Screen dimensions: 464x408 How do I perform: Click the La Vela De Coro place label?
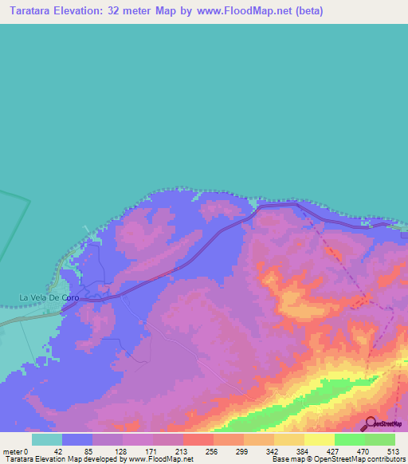pyautogui.click(x=49, y=297)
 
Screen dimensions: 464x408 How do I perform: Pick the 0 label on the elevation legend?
pyautogui.click(x=25, y=451)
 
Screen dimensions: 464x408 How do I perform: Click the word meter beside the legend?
pyautogui.click(x=12, y=451)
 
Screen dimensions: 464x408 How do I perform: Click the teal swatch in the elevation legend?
pyautogui.click(x=47, y=439)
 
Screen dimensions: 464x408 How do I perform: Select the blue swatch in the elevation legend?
pyautogui.click(x=77, y=439)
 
